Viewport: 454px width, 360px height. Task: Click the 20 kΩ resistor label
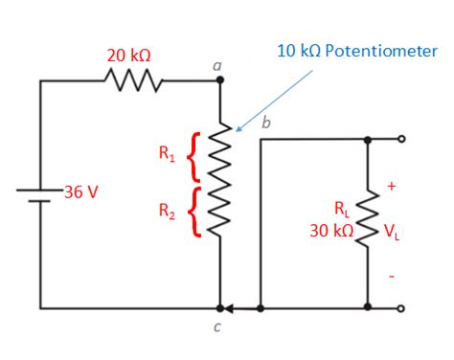point(128,56)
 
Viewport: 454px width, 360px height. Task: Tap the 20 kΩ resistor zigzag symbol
point(128,81)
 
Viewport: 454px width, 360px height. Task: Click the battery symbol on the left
point(40,195)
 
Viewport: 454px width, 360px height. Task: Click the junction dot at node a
point(220,81)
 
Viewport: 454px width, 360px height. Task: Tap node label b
point(265,123)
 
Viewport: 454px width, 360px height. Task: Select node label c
point(217,328)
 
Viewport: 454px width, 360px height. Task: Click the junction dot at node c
point(220,309)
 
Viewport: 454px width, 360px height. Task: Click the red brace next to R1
point(195,156)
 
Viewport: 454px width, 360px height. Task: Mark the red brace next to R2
point(195,212)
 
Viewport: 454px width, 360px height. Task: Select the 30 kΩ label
point(330,231)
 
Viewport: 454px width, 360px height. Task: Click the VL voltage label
point(393,231)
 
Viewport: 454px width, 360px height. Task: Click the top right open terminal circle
point(402,139)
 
